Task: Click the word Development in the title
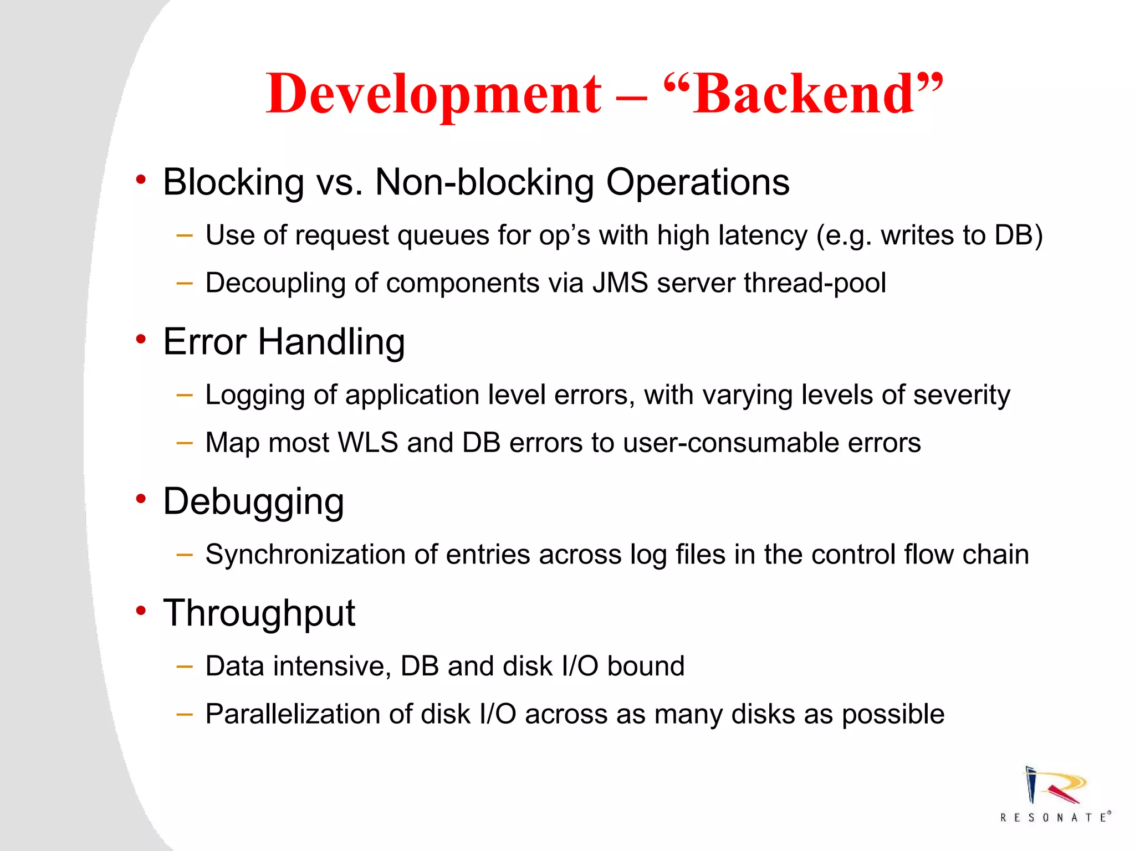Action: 433,94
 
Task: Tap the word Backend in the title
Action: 803,94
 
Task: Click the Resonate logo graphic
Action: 1053,786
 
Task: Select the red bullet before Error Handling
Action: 141,339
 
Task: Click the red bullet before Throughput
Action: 141,611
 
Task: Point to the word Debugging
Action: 253,501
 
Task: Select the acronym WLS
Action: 368,443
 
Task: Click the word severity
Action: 962,395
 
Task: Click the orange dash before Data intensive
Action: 184,667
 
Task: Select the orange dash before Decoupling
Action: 184,283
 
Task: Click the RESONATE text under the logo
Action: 1055,818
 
